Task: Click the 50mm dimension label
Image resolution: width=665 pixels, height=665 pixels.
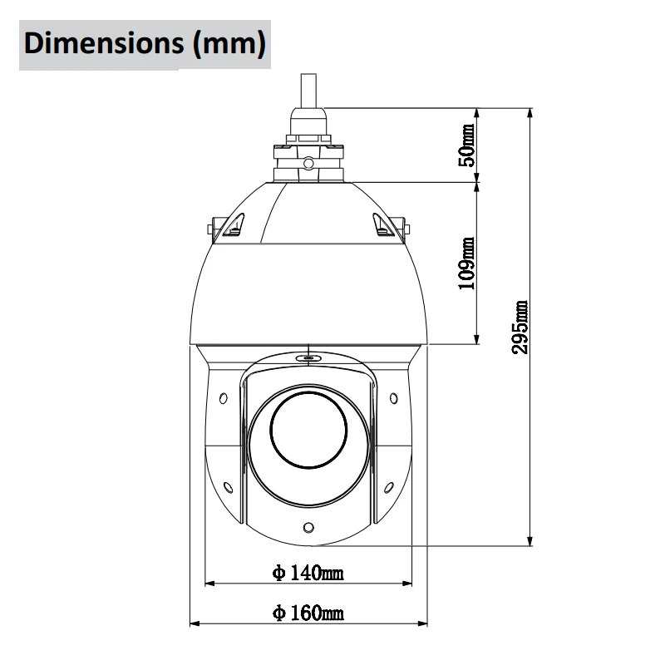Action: [467, 145]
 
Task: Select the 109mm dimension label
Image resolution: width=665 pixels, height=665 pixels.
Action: [467, 264]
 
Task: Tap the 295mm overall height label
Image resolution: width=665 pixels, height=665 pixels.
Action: [520, 327]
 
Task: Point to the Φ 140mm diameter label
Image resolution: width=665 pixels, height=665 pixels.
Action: [308, 573]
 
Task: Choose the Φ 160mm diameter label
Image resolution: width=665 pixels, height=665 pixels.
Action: [308, 613]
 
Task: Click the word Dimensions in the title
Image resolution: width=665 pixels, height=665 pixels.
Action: [104, 43]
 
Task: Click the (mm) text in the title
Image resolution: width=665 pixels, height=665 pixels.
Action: [229, 44]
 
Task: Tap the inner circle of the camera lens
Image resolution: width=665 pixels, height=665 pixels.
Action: [308, 430]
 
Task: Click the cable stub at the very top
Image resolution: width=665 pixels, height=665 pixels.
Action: [308, 91]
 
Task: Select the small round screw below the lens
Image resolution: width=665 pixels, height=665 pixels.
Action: [308, 528]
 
